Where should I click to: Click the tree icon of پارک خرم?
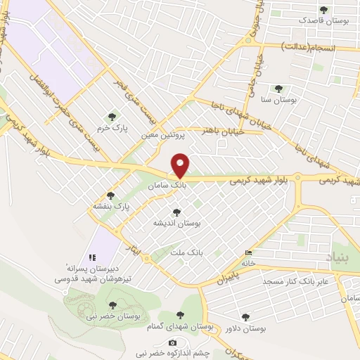tap(110, 116)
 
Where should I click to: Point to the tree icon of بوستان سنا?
tap(278, 89)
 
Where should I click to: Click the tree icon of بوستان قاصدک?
tap(323, 10)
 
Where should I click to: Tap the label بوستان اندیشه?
tap(177, 222)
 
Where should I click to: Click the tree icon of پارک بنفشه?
tap(110, 195)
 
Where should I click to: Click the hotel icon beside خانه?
tap(248, 254)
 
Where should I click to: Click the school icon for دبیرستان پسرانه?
tap(92, 257)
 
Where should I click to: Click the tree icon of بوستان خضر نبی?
tap(112, 305)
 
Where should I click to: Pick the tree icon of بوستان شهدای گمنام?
tap(181, 316)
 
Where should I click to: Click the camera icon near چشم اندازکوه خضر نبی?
tap(173, 342)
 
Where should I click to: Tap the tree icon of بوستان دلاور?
tap(245, 317)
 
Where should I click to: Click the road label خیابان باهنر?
tap(223, 131)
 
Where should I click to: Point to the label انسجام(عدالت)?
tap(311, 46)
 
